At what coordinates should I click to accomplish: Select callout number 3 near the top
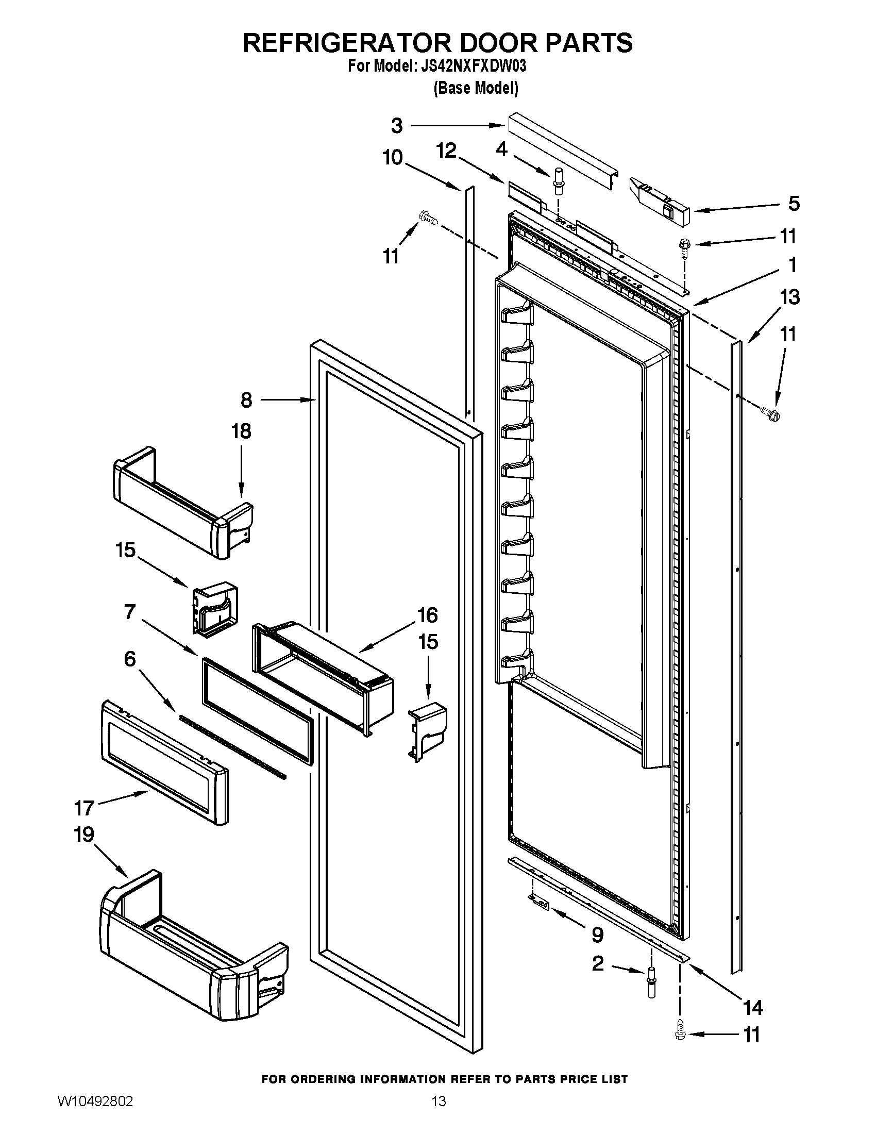pos(396,125)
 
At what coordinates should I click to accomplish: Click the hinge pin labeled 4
pos(559,181)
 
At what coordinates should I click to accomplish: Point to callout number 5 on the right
pos(794,204)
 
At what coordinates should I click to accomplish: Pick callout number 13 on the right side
pos(789,297)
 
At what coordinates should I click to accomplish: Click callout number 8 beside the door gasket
pos(246,400)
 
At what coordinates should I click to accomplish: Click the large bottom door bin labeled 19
pos(192,950)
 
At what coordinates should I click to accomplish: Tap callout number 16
pos(428,615)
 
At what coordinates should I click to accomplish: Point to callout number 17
pos(84,808)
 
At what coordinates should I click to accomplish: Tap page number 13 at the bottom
pos(439,1101)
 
